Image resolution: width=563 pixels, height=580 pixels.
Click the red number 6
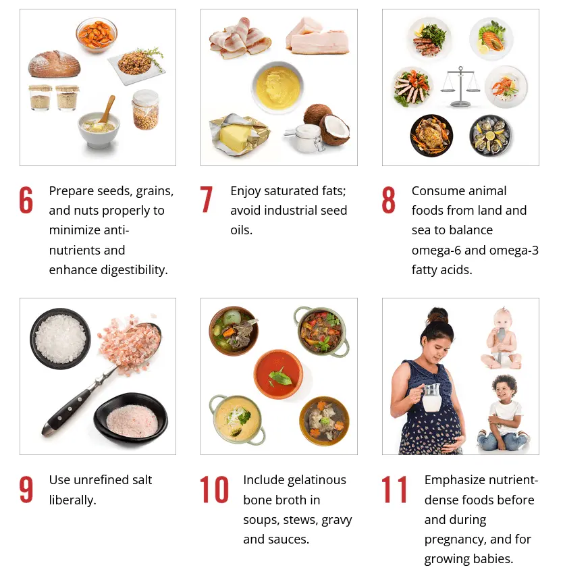click(26, 200)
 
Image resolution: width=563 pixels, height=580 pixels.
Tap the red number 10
click(214, 490)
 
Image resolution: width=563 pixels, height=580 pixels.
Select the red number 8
click(388, 200)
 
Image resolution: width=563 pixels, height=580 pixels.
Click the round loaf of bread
click(55, 64)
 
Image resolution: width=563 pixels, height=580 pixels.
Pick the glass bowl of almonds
click(97, 34)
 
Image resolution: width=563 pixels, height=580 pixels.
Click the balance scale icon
click(460, 86)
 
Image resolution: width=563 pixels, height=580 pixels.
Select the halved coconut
click(334, 129)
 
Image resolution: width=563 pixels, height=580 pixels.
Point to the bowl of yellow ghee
click(278, 87)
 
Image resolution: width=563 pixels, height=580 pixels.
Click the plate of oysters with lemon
click(491, 136)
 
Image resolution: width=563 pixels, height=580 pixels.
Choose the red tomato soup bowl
click(278, 374)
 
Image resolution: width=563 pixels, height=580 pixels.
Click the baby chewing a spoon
click(501, 338)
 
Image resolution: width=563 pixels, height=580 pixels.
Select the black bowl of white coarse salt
click(60, 338)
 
